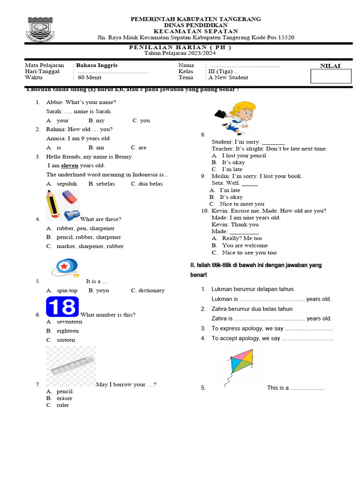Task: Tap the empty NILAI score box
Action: pyautogui.click(x=330, y=76)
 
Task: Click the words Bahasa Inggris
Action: pyautogui.click(x=97, y=65)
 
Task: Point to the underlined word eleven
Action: pyautogui.click(x=70, y=165)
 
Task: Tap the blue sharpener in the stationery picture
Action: pyautogui.click(x=72, y=214)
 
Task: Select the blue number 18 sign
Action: pyautogui.click(x=63, y=307)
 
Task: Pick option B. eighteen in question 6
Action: pyautogui.click(x=67, y=331)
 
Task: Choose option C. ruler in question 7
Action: pyautogui.click(x=62, y=405)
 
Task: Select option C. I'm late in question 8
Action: pyautogui.click(x=232, y=169)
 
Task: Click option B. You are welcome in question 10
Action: pyautogui.click(x=245, y=245)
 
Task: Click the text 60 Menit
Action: pyautogui.click(x=88, y=78)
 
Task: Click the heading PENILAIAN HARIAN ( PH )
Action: pyautogui.click(x=180, y=47)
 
